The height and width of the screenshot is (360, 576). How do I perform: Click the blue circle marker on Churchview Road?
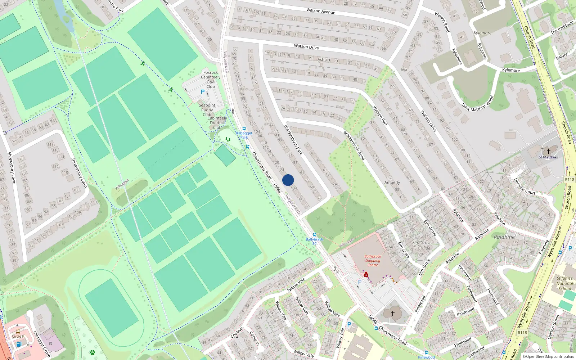click(288, 180)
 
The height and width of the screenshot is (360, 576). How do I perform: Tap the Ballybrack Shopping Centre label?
click(373, 261)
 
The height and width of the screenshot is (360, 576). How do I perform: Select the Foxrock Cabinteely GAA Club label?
click(211, 79)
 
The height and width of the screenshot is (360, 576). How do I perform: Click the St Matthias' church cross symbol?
click(548, 152)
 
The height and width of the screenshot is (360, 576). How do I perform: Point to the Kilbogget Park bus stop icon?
click(244, 129)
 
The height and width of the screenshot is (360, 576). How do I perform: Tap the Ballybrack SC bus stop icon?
click(314, 235)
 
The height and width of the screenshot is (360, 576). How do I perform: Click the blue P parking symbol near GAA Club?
click(203, 92)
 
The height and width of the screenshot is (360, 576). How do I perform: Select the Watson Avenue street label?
click(321, 11)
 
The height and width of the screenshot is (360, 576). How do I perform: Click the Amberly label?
click(392, 183)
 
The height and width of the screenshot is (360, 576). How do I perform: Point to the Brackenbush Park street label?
click(293, 140)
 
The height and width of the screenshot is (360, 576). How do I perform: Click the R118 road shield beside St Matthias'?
click(570, 180)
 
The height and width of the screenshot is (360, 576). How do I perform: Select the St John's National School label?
click(564, 283)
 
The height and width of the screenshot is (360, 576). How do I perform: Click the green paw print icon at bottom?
click(93, 352)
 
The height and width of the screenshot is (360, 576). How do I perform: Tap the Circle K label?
click(18, 337)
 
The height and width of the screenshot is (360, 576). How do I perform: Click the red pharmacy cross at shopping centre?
click(366, 275)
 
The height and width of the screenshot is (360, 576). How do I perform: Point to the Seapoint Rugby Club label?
click(207, 110)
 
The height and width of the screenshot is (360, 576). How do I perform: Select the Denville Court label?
click(525, 186)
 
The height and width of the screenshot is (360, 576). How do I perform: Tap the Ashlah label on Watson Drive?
click(324, 59)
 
